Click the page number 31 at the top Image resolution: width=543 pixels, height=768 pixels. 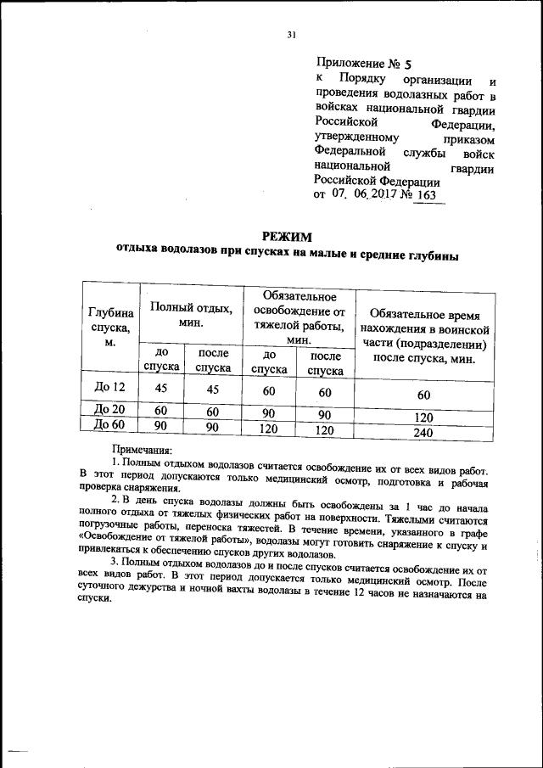(x=291, y=35)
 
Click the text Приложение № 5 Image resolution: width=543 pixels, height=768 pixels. (x=362, y=63)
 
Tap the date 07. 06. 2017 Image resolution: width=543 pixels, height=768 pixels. (x=372, y=195)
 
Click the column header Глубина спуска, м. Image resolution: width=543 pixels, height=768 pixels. (x=110, y=328)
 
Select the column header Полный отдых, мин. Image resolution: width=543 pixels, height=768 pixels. (x=191, y=314)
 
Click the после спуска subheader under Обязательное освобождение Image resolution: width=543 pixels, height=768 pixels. (x=325, y=362)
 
